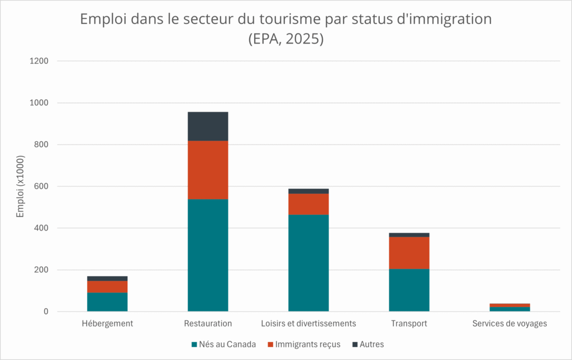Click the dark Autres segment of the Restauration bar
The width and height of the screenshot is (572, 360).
(x=208, y=126)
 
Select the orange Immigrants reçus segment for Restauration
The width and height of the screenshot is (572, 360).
(x=208, y=170)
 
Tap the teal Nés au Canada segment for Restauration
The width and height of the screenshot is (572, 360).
(x=208, y=255)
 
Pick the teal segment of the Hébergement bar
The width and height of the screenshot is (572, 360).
(x=107, y=302)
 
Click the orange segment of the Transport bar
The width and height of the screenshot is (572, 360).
(x=409, y=253)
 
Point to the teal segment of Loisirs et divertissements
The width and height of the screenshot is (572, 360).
(x=308, y=262)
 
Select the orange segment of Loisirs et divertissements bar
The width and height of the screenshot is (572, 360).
(x=308, y=204)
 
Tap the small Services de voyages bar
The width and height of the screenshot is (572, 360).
(x=509, y=308)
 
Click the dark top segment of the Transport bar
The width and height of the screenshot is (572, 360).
(x=409, y=235)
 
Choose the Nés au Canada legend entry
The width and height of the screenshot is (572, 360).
(x=223, y=344)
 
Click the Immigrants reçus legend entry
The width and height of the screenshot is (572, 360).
(x=304, y=344)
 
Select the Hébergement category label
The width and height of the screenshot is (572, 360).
(x=107, y=323)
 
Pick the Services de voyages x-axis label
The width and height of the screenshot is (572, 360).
(x=509, y=323)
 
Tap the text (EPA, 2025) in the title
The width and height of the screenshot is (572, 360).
(x=286, y=40)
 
